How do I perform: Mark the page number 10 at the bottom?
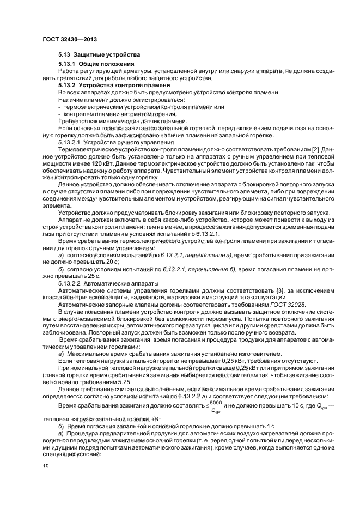46,466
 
